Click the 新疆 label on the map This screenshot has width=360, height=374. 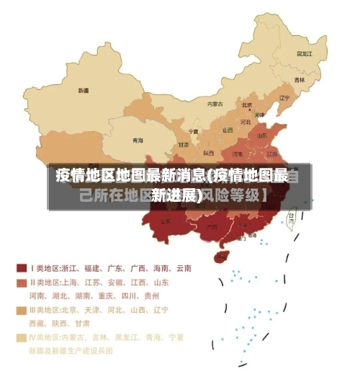point(84,91)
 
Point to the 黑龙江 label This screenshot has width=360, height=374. point(305,53)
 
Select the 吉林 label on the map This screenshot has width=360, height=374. point(299,79)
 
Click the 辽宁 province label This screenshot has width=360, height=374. point(284,98)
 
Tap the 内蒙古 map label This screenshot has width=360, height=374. point(215,104)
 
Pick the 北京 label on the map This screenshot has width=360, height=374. point(247,104)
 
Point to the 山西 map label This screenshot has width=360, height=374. point(228,130)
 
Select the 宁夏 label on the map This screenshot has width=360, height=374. point(193,132)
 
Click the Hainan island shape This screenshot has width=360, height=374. point(222,256)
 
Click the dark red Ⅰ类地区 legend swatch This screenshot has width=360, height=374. point(21,268)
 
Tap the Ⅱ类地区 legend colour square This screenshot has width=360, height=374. point(21,282)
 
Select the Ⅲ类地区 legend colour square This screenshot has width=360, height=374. point(21,310)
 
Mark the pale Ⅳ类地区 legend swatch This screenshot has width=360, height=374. point(21,337)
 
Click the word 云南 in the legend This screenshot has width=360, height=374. point(181,268)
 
